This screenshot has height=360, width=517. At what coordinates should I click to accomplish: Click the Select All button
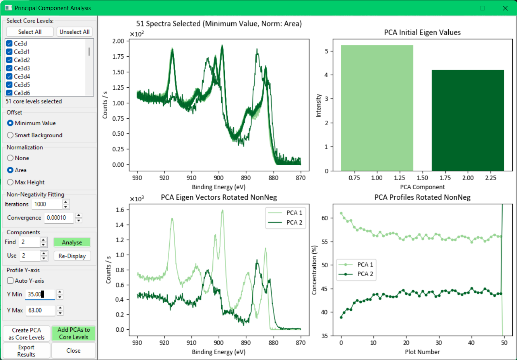[x=30, y=32]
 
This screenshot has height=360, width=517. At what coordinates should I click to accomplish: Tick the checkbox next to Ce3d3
[x=9, y=68]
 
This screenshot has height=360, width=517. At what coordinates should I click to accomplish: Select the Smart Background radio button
[x=10, y=135]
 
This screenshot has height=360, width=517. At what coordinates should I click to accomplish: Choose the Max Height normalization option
[x=10, y=182]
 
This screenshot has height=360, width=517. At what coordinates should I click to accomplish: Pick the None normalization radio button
[x=10, y=158]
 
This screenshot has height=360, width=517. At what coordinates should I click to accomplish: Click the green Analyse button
[x=72, y=242]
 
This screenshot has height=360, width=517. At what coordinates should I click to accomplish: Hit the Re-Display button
[x=72, y=256]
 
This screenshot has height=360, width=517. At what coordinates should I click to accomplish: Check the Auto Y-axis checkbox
[x=10, y=280]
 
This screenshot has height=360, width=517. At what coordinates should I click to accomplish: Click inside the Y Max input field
[x=40, y=310]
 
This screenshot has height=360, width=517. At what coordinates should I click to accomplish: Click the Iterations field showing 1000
[x=47, y=204]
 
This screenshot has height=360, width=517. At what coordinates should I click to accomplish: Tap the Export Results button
[x=26, y=351]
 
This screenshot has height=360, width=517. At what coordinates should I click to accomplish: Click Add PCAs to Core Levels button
[x=73, y=333]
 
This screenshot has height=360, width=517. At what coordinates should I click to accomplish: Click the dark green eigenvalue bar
[x=468, y=120]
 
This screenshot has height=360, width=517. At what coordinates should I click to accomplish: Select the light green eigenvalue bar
[x=377, y=108]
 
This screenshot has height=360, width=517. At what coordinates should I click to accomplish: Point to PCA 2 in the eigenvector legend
[x=294, y=222]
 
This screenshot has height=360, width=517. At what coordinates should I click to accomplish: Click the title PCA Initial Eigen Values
[x=422, y=32]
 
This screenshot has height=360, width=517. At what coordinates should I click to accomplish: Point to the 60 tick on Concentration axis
[x=324, y=218]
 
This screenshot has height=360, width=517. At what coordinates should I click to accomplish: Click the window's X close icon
[x=505, y=8]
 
